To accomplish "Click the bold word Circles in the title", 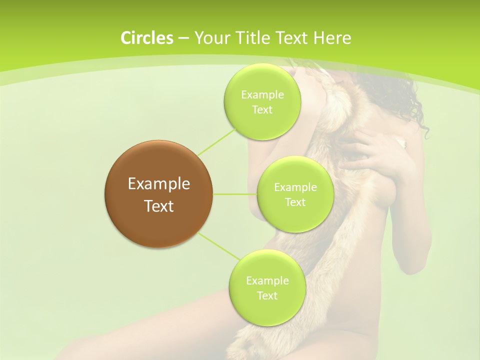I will pyautogui.click(x=146, y=38).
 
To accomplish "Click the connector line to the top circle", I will pyautogui.click(x=216, y=141).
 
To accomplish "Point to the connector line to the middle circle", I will pyautogui.click(x=234, y=194).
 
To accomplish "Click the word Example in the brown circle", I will pyautogui.click(x=158, y=184).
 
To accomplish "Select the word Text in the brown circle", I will pyautogui.click(x=158, y=206).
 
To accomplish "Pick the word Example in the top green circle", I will pyautogui.click(x=262, y=95).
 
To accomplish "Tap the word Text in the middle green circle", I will pyautogui.click(x=295, y=202).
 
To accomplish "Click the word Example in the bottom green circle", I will pyautogui.click(x=267, y=281).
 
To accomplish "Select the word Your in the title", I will pyautogui.click(x=209, y=38).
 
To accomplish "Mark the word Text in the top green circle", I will pyautogui.click(x=262, y=110).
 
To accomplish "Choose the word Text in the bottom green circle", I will pyautogui.click(x=267, y=296).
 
